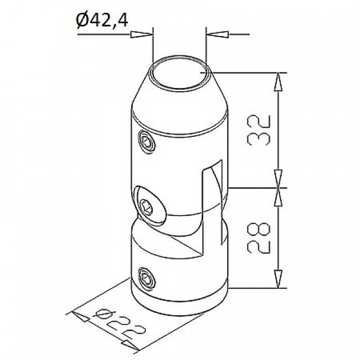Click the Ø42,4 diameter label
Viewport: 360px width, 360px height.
click(102, 20)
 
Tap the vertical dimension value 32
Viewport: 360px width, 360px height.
click(259, 130)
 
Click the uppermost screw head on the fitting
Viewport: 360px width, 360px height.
click(147, 141)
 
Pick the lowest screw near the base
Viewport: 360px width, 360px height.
click(147, 278)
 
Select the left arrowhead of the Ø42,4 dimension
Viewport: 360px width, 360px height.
click(142, 34)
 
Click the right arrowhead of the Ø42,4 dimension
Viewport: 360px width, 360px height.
click(218, 34)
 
